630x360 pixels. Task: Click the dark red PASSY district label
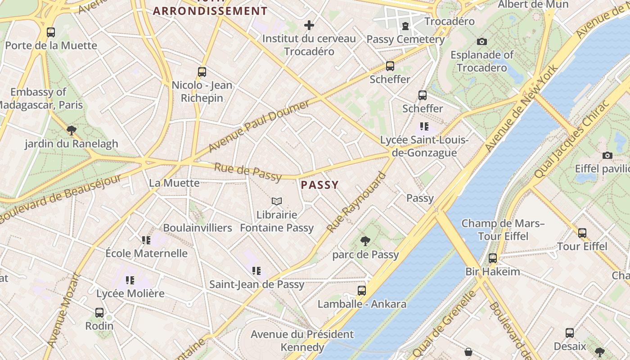319,185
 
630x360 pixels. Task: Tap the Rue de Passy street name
248,172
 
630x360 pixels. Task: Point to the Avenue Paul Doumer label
259,126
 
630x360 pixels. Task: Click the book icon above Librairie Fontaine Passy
277,201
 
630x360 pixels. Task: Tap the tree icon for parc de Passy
365,241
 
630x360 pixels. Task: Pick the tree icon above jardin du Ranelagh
71,130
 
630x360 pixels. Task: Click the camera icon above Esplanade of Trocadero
482,41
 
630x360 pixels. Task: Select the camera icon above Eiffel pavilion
607,155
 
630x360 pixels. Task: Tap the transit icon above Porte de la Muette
51,32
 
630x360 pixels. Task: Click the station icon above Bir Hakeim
493,258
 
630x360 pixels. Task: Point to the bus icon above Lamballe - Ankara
362,290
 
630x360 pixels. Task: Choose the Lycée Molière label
130,293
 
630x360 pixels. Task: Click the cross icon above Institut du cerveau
309,25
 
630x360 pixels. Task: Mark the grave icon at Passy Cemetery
405,26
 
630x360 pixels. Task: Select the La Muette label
174,183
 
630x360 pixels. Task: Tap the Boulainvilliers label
198,228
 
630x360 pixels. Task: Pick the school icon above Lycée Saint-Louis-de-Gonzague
424,126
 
